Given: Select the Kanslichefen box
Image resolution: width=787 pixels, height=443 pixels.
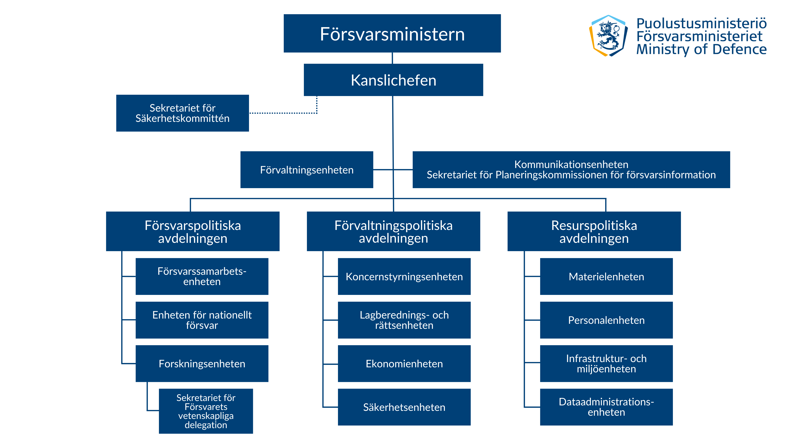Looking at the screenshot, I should point(393,80).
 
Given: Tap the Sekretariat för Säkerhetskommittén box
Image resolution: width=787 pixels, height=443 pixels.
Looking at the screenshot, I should point(182,113).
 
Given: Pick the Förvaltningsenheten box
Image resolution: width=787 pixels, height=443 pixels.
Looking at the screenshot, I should point(306,170).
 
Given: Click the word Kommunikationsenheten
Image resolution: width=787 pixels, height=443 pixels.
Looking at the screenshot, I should point(571,165).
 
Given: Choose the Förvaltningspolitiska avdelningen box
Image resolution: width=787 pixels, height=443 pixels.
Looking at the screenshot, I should point(393,231).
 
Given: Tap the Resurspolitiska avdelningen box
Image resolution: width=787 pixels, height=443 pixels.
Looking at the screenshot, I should point(594,231).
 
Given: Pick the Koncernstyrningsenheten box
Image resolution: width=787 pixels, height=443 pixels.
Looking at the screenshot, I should point(404,276).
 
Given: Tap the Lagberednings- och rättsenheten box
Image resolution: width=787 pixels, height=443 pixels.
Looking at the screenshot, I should point(404,320).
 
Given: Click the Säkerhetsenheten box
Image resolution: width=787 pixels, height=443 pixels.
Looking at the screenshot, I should point(404,407).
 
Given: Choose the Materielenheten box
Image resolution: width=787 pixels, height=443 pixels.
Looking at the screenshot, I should point(606,276).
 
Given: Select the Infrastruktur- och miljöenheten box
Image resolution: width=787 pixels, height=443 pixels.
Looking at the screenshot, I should point(606,364).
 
